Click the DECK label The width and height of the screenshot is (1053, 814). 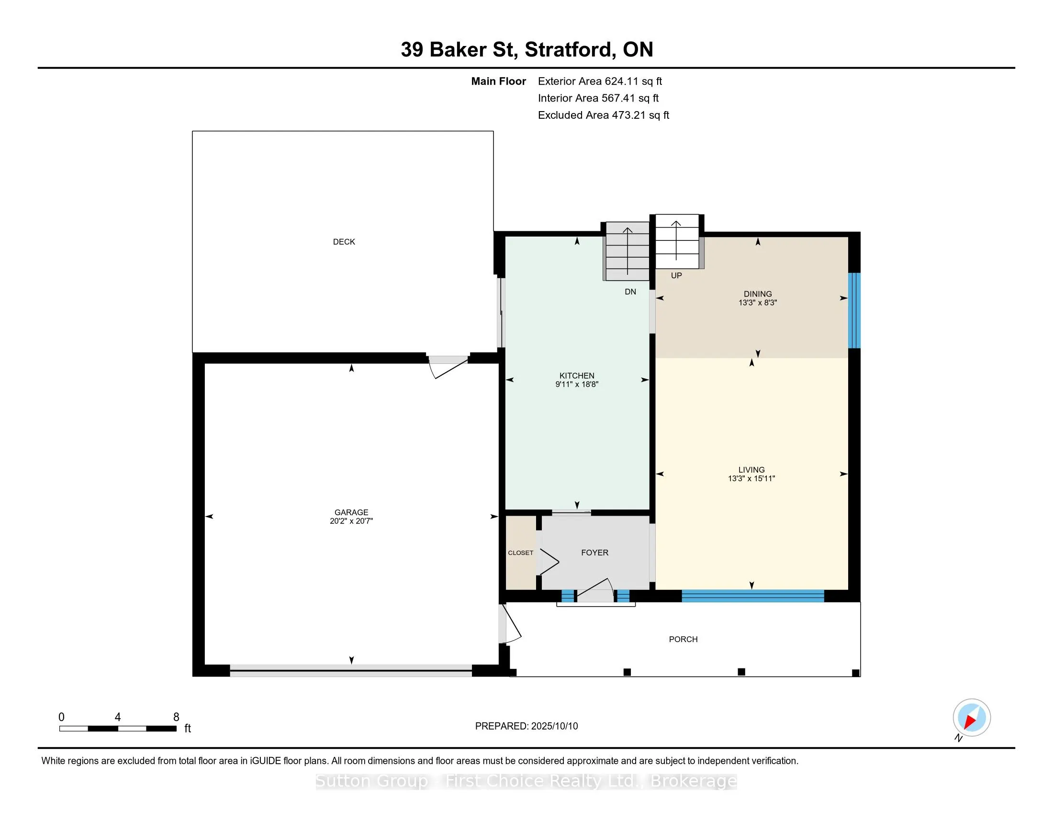[344, 242]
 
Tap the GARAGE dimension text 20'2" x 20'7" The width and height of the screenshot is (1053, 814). [351, 521]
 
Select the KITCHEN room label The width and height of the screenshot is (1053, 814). [577, 376]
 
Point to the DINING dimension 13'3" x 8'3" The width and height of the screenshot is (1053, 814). [758, 303]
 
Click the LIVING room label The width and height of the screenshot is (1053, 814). [751, 470]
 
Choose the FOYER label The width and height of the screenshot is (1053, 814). [594, 553]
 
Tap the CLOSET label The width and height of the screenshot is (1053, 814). [520, 553]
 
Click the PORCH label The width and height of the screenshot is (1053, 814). [683, 639]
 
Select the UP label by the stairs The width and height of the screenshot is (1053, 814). [676, 275]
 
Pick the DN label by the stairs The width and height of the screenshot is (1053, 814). [630, 292]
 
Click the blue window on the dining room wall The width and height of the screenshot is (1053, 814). [854, 311]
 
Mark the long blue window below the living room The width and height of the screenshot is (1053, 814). [752, 596]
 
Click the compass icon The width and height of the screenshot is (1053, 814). [972, 718]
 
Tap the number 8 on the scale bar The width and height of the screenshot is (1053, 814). [177, 717]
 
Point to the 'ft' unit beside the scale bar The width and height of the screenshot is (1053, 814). [188, 729]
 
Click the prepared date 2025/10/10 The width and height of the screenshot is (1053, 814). [554, 726]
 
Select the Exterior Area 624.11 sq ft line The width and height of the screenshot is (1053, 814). [600, 81]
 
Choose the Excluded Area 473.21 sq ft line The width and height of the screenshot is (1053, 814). [604, 115]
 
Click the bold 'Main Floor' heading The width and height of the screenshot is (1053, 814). [499, 81]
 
